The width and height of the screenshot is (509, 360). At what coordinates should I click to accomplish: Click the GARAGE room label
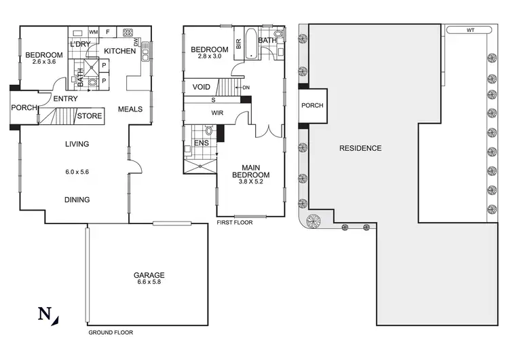coord(149,275)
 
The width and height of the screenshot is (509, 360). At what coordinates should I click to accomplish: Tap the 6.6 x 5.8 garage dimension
coord(149,283)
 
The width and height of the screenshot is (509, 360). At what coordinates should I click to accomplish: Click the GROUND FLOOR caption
coord(111,333)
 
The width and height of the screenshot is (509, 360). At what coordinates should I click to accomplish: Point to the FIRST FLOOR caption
coord(235,222)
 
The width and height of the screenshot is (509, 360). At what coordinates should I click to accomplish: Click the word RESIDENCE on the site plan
coord(360,148)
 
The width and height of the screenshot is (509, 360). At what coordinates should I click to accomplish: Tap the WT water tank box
coord(470,31)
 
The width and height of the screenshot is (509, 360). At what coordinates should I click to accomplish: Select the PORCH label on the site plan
coord(312,106)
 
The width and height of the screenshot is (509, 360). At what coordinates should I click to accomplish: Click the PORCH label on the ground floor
coord(23,107)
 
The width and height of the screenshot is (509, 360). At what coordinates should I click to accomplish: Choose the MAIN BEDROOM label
coord(250,174)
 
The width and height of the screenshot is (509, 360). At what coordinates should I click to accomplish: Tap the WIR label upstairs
coord(219,113)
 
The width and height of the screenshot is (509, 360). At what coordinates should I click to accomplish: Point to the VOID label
coord(201,87)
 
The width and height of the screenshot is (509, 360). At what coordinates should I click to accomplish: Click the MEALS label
coord(130,109)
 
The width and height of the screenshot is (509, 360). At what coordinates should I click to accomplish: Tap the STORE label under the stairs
coord(90,116)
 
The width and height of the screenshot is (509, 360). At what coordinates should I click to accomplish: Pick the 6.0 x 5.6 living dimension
coord(76,172)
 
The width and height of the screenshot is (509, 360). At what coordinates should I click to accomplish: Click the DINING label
coord(76,200)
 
